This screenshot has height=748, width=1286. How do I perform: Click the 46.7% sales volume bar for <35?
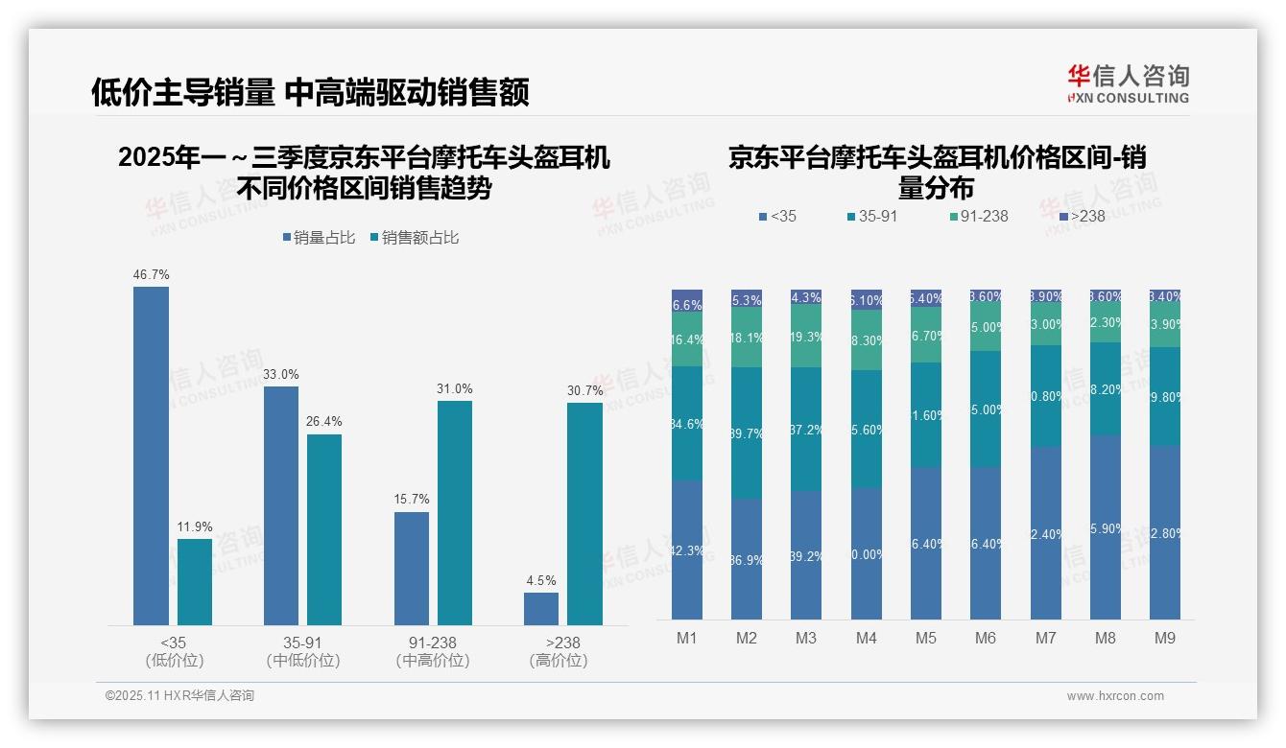tap(151, 456)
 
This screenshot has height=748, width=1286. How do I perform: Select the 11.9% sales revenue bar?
tap(195, 581)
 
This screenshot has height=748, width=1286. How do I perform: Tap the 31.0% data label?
tap(455, 388)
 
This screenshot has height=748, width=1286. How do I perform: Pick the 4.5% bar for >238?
tap(541, 609)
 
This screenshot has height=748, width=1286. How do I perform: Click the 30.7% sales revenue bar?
tap(584, 514)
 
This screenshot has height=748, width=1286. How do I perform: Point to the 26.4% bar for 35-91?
tap(324, 529)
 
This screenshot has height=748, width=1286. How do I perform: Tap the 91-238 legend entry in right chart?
tap(978, 217)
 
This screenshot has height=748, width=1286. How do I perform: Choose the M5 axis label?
tap(925, 638)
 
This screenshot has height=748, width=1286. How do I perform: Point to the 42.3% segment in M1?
tap(687, 549)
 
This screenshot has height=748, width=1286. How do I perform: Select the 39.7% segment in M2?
tap(747, 432)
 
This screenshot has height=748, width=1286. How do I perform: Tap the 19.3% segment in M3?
tap(806, 336)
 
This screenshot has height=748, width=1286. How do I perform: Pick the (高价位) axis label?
tap(558, 661)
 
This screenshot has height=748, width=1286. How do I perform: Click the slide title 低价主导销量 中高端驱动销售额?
tap(310, 92)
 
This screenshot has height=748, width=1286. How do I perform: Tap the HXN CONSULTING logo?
tap(1128, 84)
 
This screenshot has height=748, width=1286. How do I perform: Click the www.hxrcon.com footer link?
tap(1115, 696)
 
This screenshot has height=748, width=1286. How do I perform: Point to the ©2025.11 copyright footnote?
tap(179, 696)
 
